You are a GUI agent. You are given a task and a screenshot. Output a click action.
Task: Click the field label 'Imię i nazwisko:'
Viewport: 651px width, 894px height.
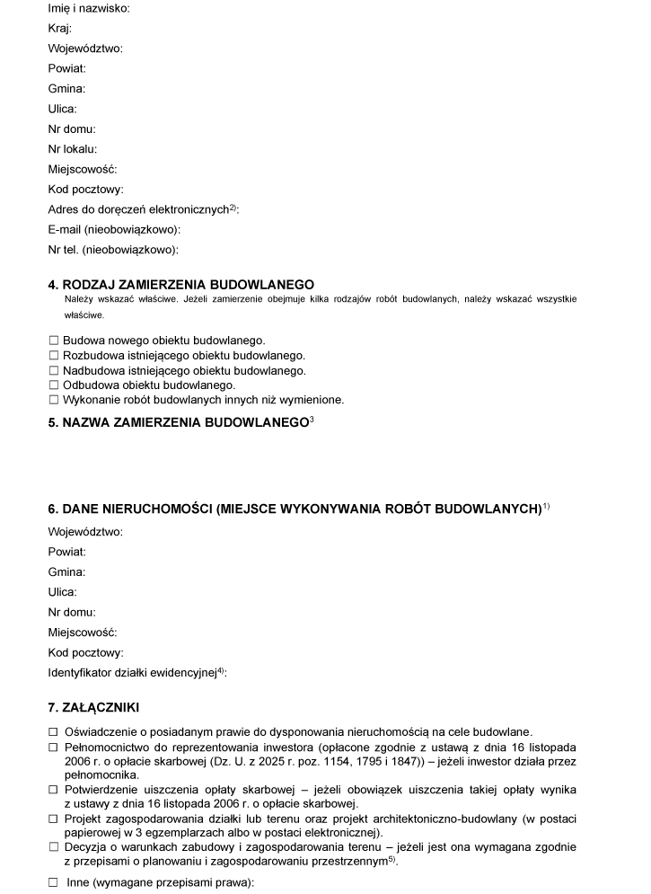(x=88, y=8)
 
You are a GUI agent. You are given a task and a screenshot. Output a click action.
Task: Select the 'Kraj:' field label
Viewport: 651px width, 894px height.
(x=60, y=28)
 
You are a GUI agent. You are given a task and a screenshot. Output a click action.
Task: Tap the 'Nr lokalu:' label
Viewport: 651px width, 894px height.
(x=73, y=149)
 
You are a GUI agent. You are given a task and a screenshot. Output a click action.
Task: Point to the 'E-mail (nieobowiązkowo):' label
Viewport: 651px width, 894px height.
(x=114, y=229)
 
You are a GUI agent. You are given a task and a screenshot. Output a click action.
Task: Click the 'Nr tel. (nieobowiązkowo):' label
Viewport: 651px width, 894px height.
(x=113, y=250)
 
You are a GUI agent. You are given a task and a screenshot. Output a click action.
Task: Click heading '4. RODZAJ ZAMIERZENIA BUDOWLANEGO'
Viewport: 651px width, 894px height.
(x=180, y=284)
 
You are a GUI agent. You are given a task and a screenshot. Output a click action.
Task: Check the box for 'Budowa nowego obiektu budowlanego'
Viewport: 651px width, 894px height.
(x=54, y=341)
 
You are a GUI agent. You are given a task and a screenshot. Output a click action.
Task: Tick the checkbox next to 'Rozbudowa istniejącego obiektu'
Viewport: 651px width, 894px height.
(x=54, y=356)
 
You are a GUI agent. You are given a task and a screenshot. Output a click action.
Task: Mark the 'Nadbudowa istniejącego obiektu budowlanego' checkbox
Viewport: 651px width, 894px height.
(x=54, y=370)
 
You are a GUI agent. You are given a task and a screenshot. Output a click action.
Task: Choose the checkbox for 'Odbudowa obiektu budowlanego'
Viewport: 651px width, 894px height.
(x=54, y=385)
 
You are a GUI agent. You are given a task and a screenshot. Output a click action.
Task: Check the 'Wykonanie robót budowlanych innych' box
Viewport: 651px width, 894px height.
(x=54, y=399)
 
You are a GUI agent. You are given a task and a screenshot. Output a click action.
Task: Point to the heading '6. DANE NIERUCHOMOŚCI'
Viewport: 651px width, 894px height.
(x=296, y=509)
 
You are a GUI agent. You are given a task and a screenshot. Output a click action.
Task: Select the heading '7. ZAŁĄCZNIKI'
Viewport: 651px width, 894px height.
(x=93, y=707)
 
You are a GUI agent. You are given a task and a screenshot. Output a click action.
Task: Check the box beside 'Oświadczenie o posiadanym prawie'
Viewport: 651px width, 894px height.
(x=53, y=732)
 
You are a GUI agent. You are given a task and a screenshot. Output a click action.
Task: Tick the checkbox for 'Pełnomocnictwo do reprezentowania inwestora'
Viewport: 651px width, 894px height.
(x=53, y=748)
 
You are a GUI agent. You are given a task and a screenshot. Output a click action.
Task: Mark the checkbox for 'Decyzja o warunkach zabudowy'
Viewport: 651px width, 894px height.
(x=53, y=846)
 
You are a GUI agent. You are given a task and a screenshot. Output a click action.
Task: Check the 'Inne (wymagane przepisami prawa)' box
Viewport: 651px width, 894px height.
(x=53, y=882)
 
